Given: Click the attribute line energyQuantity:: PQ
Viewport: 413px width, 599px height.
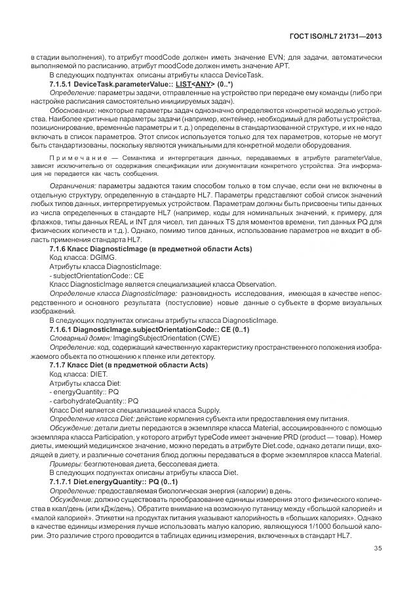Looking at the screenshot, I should point(83,390).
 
